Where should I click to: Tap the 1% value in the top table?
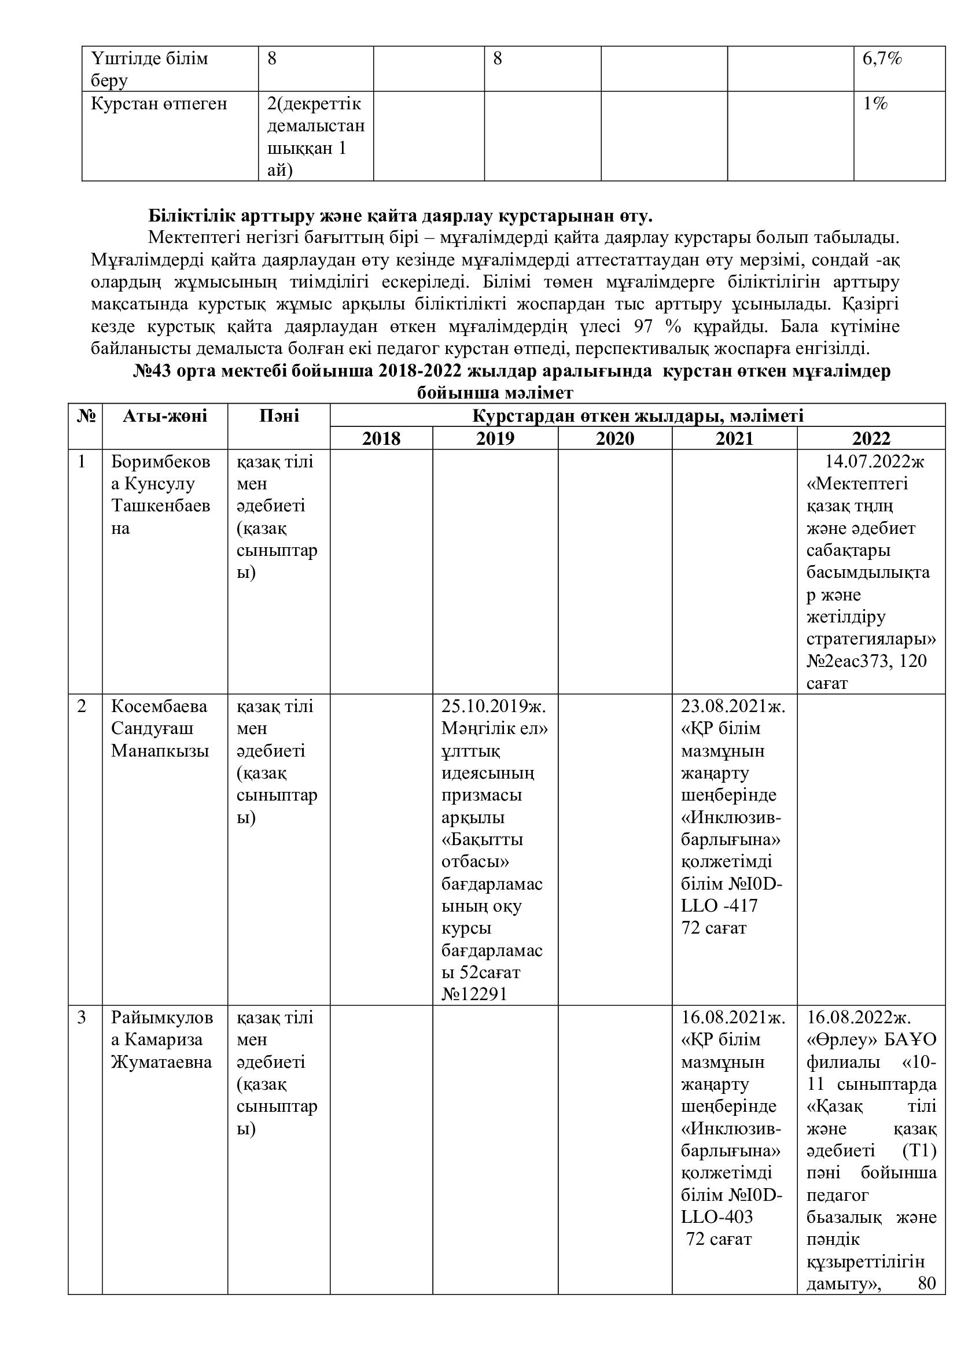tap(875, 104)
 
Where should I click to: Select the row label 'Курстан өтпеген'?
tap(159, 104)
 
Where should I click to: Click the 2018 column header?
tap(381, 438)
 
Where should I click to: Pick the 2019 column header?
tap(495, 438)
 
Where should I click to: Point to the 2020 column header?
tap(614, 438)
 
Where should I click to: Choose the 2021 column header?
tap(734, 438)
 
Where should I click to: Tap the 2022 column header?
tap(871, 438)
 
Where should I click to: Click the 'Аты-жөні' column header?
tap(165, 416)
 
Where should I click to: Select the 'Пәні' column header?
tap(279, 416)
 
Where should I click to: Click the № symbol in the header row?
tap(86, 416)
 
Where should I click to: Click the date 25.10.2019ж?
tap(494, 706)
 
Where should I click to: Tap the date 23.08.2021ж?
tap(733, 706)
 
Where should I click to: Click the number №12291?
tap(474, 995)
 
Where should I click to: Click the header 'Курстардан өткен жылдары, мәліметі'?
tap(638, 416)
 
